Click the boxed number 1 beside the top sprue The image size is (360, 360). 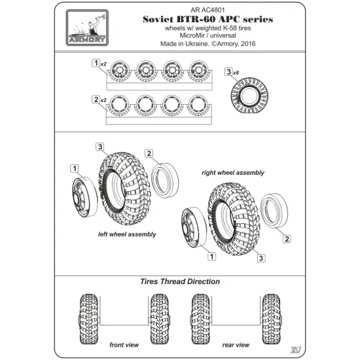(96, 63)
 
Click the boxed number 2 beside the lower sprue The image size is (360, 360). (96, 98)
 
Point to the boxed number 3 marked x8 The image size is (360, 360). (228, 71)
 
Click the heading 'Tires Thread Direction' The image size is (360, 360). (179, 281)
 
